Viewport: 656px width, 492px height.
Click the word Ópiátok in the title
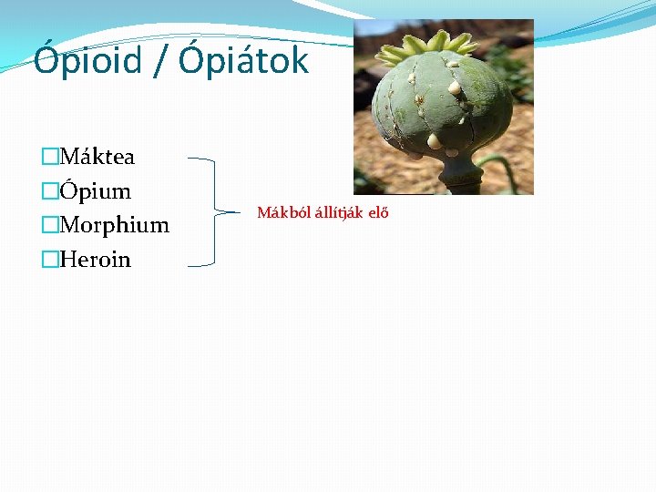coord(243,62)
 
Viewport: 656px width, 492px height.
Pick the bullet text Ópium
coord(95,191)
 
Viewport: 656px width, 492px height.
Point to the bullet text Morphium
coord(114,225)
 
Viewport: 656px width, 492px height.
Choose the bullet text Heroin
coord(95,260)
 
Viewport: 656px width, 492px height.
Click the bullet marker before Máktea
coord(49,157)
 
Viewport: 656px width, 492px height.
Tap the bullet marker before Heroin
coord(49,260)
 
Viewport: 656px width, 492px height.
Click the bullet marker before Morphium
coord(49,225)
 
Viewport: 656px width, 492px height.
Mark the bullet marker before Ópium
coord(49,191)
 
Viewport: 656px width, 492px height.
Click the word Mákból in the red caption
coord(279,213)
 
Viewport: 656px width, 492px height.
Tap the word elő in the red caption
coord(378,213)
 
